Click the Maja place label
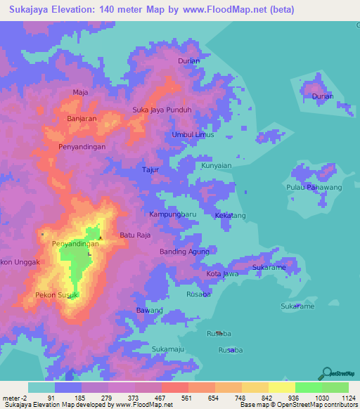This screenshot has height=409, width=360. coord(79,92)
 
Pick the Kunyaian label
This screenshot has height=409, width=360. coord(217,166)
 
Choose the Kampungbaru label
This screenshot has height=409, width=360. coord(173,214)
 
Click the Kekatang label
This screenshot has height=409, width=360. coord(231,215)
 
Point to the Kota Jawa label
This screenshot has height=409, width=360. coord(222,273)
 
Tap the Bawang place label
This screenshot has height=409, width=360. coord(150,310)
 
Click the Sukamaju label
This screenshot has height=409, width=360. coord(169,349)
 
